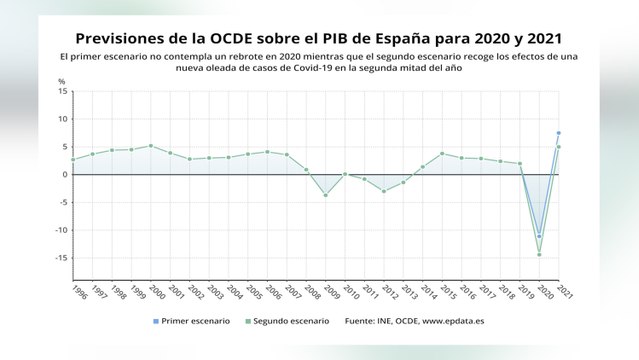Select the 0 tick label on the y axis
coord(64,174)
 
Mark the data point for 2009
coord(325,195)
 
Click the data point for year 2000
coord(150,146)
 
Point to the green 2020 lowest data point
coord(539,254)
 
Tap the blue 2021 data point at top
coord(558,133)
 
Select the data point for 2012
coord(383,191)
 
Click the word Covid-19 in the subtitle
coord(315,68)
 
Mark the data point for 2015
coord(442,154)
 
